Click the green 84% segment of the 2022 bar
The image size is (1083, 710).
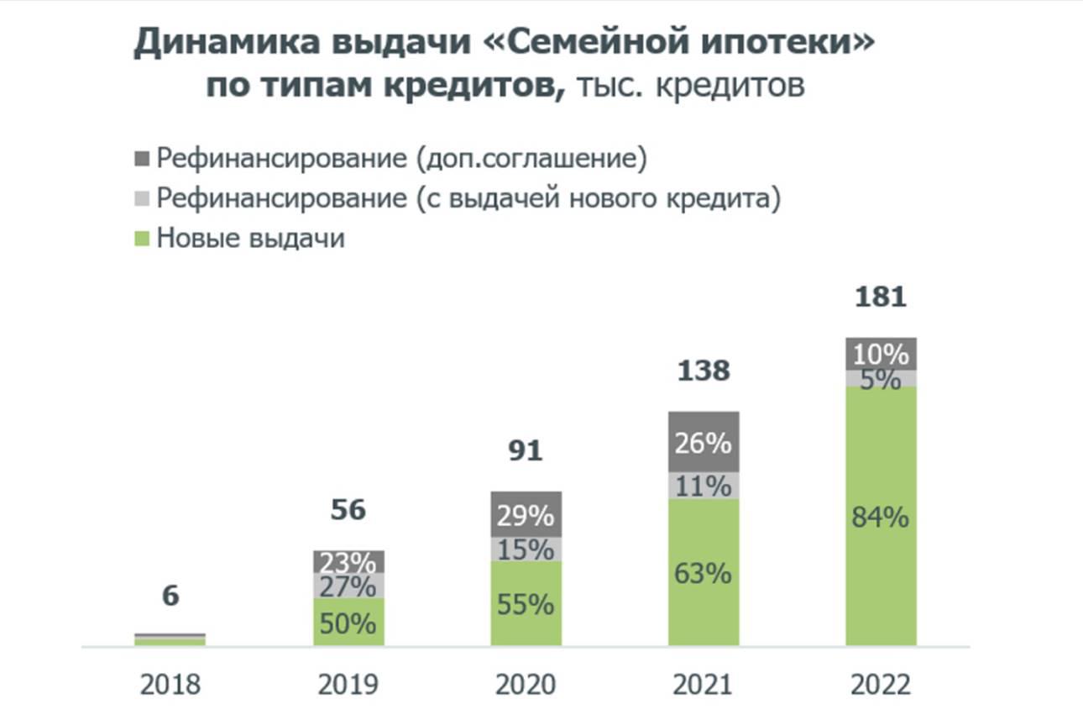point(881,517)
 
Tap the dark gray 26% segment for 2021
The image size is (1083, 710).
point(704,442)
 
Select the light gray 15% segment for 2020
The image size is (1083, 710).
point(526,550)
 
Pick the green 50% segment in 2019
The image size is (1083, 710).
point(348,623)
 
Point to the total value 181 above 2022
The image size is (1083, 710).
point(881,297)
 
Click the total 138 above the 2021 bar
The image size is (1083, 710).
point(704,371)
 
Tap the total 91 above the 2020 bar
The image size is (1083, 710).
point(526,450)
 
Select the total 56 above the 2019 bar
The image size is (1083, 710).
point(348,510)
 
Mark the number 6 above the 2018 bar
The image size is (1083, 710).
point(170,596)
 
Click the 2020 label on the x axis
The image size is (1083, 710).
point(526,685)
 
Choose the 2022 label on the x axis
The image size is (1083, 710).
point(881,685)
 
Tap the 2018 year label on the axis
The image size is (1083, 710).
point(170,685)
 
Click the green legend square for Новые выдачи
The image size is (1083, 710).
point(142,239)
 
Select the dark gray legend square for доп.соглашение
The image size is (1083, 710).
point(142,158)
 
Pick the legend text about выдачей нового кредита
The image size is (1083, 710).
point(468,199)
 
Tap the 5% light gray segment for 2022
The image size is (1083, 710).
point(881,378)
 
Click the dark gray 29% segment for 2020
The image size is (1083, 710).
point(526,514)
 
